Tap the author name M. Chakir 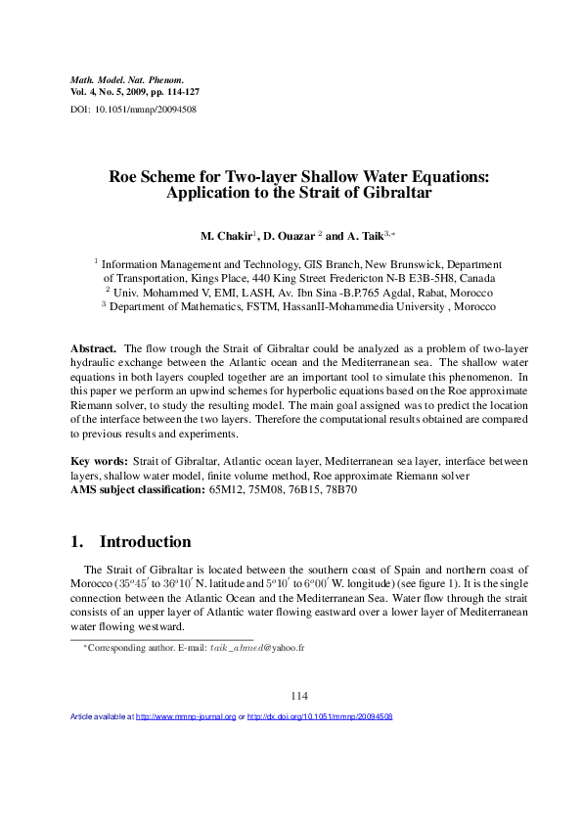coord(224,237)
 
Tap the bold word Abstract coord(94,348)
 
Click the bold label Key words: coord(100,460)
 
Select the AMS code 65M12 coord(226,489)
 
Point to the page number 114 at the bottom coord(298,696)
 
